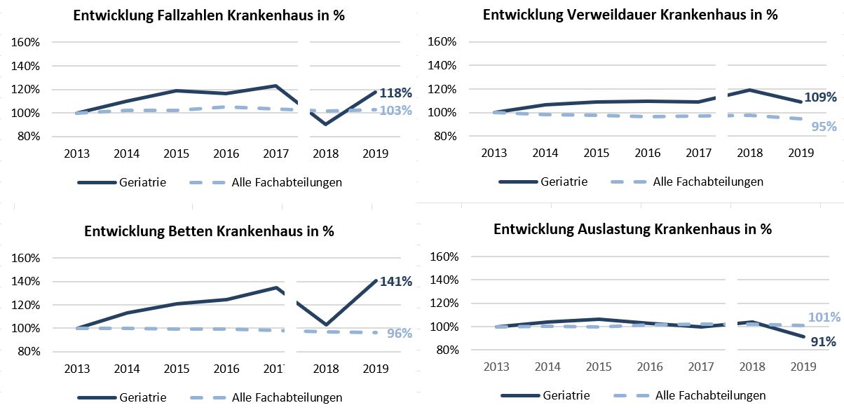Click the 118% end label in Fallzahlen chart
pyautogui.click(x=395, y=93)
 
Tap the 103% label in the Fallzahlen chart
pyautogui.click(x=395, y=110)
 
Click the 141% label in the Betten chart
pyautogui.click(x=395, y=282)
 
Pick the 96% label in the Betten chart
pyautogui.click(x=400, y=334)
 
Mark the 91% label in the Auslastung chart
pyautogui.click(x=824, y=342)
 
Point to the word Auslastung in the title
pyautogui.click(x=609, y=229)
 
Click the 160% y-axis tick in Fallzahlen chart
pyautogui.click(x=25, y=42)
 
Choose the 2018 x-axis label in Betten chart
pyautogui.click(x=325, y=369)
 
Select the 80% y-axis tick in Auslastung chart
pyautogui.click(x=448, y=350)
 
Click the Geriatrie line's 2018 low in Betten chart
pyautogui.click(x=326, y=324)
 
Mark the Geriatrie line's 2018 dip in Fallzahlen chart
pyautogui.click(x=325, y=124)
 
